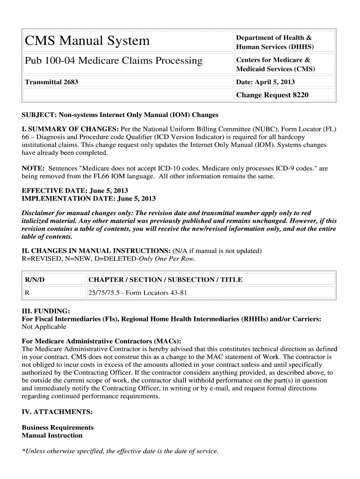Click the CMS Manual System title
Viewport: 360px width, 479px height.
pos(87,41)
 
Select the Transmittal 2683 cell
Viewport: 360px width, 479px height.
pos(51,82)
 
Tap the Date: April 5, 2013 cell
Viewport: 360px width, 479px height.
pos(265,82)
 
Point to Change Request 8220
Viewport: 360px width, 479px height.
pos(272,95)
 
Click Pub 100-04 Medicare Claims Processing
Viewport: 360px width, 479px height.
pos(114,61)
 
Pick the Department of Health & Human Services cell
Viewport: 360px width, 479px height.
pos(274,42)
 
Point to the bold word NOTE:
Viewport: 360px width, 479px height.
pos(33,168)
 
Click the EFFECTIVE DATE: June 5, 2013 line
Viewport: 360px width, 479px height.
pos(75,191)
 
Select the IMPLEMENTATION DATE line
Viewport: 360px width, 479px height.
pos(89,198)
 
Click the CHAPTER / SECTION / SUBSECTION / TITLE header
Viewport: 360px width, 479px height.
pos(166,280)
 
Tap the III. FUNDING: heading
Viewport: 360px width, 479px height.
pos(46,311)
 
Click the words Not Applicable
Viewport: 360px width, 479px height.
pos(44,327)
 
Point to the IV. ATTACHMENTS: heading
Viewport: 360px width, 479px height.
pos(57,412)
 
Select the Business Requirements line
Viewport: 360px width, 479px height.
pos(58,428)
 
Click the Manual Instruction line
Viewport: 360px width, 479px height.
pos(52,435)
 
